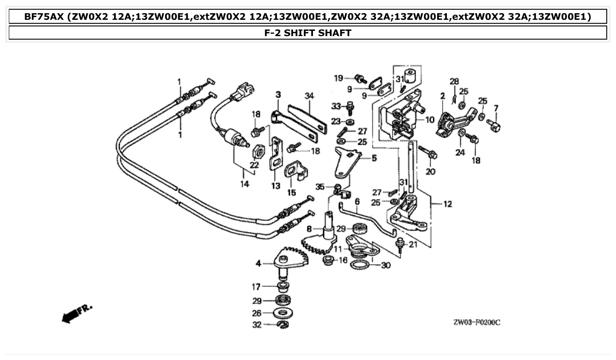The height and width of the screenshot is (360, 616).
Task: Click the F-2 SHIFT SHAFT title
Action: [x=308, y=33]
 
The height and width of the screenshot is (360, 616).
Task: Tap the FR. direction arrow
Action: [x=77, y=313]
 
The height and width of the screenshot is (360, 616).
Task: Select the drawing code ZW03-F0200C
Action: [x=476, y=323]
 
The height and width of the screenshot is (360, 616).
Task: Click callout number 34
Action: [x=309, y=96]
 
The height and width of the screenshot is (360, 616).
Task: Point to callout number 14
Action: [x=244, y=184]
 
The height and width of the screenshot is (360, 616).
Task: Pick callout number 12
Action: [x=447, y=204]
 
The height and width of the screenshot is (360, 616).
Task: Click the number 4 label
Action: [x=258, y=264]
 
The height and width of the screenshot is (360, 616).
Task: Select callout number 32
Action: [x=257, y=325]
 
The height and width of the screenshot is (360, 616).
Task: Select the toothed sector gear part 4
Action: [x=291, y=259]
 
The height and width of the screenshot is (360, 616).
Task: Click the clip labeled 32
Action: [x=283, y=325]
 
